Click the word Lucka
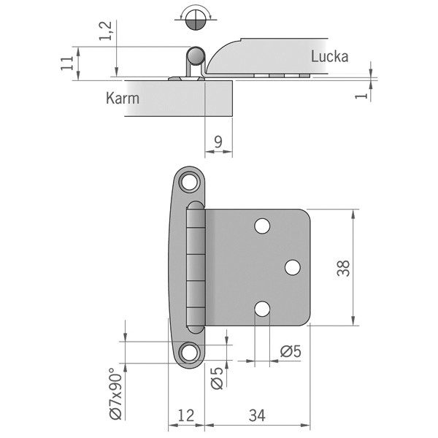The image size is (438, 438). point(330,56)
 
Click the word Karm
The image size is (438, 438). point(123,98)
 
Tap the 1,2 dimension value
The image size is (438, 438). point(106,31)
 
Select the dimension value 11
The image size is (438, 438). point(68,63)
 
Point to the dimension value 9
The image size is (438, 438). point(218,142)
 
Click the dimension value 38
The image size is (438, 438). point(343,268)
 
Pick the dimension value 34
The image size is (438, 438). point(257,415)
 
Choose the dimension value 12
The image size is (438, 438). point(185,415)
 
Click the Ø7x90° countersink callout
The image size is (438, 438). point(116,393)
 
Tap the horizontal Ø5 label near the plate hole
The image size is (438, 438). point(291,351)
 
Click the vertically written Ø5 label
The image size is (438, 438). point(217,377)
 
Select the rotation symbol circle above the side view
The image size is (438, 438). point(196,20)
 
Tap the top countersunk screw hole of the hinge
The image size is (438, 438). point(190,182)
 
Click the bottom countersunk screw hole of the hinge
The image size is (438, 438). point(190,353)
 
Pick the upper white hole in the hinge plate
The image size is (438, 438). point(262,226)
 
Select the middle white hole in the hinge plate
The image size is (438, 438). point(293,267)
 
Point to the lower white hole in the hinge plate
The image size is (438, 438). point(262,309)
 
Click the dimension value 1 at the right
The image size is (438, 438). point(362,96)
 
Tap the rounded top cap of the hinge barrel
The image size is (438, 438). point(196,205)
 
